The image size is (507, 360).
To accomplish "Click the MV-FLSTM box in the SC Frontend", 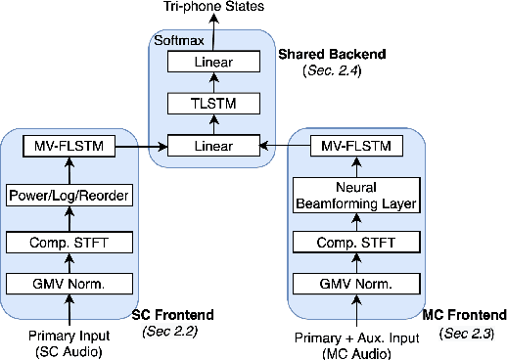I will tap(69, 148).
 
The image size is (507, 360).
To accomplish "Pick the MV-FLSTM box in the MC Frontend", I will tap(356, 148).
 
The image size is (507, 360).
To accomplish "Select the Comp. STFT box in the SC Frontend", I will tap(69, 241).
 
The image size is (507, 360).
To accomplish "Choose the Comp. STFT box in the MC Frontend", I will tap(356, 241).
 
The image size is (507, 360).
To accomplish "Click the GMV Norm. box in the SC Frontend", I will tap(69, 285).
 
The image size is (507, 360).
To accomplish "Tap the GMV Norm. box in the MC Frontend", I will tap(356, 285).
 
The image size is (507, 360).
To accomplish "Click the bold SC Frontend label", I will tap(173, 315).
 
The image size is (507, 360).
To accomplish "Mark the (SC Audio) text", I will tap(69, 351).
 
